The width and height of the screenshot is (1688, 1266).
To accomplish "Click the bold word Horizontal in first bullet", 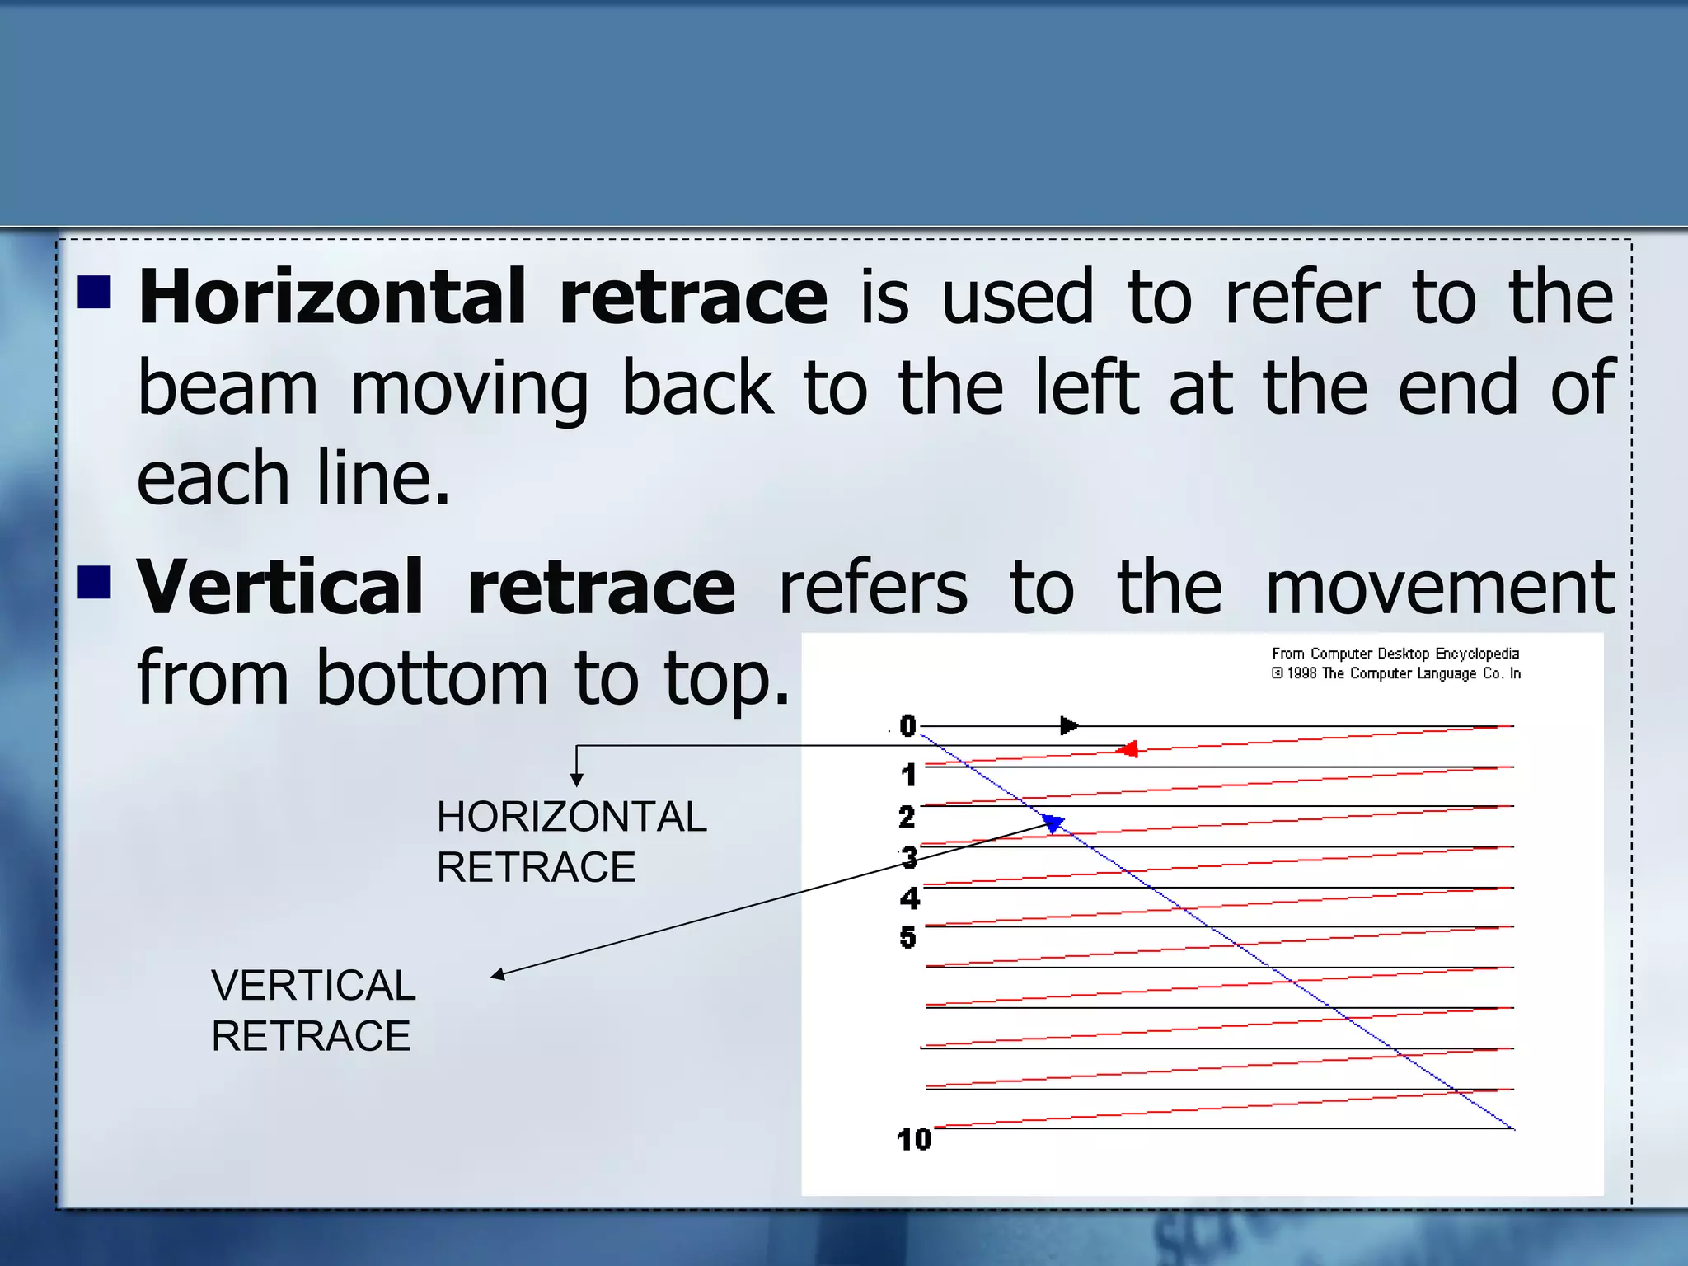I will click(331, 297).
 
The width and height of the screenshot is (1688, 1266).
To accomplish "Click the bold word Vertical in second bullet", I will click(280, 587).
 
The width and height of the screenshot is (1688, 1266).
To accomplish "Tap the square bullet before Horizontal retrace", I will click(95, 291).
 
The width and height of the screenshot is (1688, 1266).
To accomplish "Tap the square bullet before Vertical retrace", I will click(95, 581).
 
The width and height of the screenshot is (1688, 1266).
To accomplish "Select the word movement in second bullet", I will click(1439, 588).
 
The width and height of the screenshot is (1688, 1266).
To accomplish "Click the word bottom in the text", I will click(432, 679).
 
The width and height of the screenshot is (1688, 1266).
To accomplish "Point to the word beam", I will click(227, 389).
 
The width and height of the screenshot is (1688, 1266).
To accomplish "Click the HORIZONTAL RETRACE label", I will click(570, 842).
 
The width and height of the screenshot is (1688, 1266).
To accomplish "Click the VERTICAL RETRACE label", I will click(313, 1010).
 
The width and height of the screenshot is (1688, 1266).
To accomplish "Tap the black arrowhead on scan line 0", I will click(1069, 726).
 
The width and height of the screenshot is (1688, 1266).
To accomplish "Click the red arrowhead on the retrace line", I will click(1127, 749).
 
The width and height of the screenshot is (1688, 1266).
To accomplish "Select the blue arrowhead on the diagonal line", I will click(1053, 823).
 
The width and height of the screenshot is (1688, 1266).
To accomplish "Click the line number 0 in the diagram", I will click(907, 726).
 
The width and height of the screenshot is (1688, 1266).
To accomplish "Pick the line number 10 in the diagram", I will click(913, 1140).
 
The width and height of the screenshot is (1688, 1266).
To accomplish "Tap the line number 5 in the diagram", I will click(907, 938).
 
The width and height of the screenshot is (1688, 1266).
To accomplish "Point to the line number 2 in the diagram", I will click(907, 818).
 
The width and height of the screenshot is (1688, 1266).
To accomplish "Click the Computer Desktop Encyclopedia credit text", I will click(1395, 663).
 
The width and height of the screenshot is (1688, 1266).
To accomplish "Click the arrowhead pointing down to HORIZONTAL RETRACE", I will click(577, 780).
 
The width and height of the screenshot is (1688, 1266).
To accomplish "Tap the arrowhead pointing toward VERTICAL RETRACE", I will click(498, 975).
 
